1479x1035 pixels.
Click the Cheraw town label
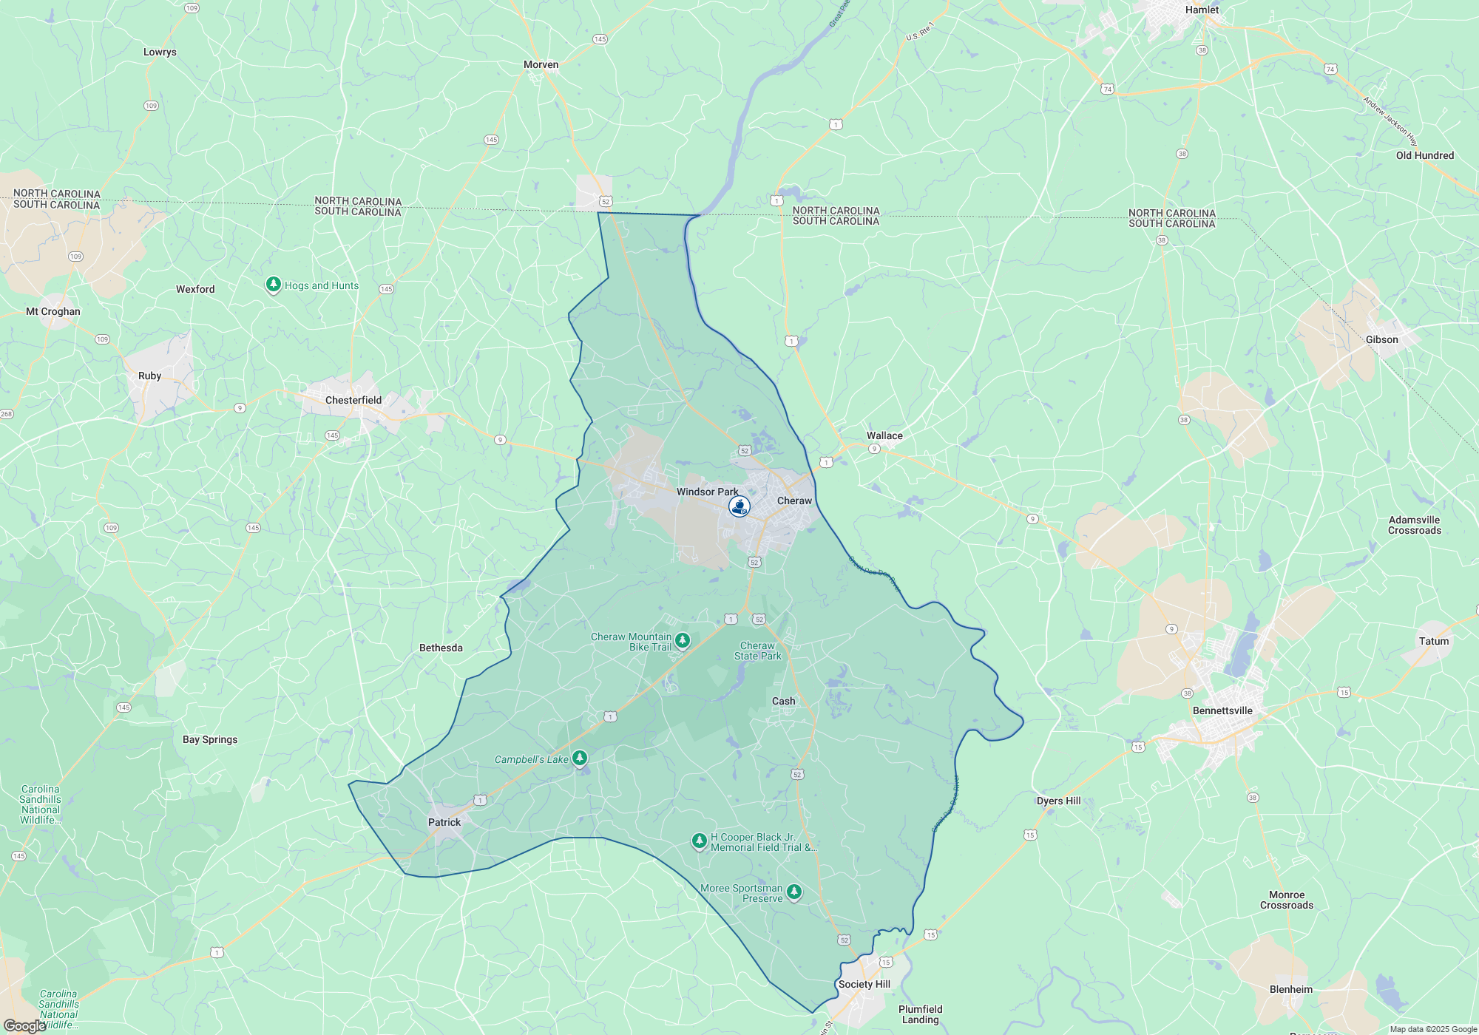click(x=794, y=500)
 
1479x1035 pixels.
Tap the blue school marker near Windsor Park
click(x=739, y=506)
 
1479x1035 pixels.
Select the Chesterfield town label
click(x=353, y=400)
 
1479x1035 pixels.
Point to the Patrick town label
click(x=444, y=822)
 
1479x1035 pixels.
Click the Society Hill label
click(x=864, y=984)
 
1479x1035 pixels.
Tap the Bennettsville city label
click(x=1222, y=710)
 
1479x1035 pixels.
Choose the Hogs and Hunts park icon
click(x=274, y=285)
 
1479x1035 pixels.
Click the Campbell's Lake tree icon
click(x=580, y=758)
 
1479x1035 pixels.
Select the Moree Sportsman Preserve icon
click(x=794, y=892)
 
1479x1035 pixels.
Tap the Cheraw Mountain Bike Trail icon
click(x=683, y=640)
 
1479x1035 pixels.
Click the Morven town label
click(x=541, y=64)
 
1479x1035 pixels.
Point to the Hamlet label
click(x=1202, y=10)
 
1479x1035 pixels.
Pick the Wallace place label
click(x=884, y=435)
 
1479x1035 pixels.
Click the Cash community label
click(x=784, y=701)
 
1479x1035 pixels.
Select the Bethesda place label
click(x=441, y=648)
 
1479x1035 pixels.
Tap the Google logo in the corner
click(x=24, y=1025)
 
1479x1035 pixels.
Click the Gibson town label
click(x=1381, y=339)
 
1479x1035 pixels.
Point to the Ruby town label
click(x=149, y=376)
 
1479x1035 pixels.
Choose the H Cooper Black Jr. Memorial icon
click(x=699, y=841)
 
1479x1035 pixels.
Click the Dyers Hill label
click(x=1058, y=801)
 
